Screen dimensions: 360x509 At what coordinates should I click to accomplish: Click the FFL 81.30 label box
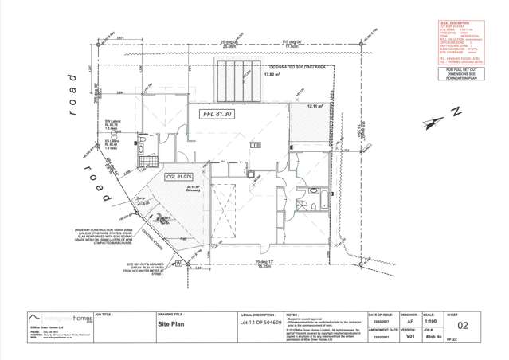[x=217, y=115]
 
